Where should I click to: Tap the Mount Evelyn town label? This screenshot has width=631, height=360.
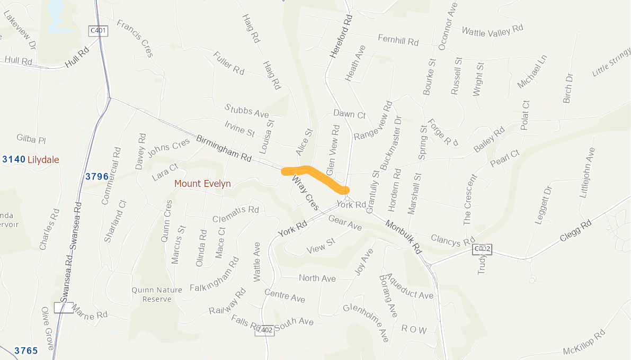[x=203, y=184]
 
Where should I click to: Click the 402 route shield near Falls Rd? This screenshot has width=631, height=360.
[x=266, y=330]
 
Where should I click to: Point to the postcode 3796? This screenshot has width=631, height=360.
[x=97, y=176]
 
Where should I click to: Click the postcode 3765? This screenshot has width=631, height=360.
[x=26, y=350]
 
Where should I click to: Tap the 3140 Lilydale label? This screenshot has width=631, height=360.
[x=31, y=159]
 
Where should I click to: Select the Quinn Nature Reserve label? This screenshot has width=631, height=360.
[x=157, y=294]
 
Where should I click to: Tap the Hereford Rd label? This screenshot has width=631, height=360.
[x=341, y=35]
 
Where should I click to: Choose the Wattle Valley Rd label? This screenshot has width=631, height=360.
[x=492, y=31]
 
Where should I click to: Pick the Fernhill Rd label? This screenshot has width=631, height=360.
[x=398, y=40]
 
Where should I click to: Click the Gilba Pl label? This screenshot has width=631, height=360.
[x=31, y=139]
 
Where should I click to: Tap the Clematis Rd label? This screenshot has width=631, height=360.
[x=235, y=213]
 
